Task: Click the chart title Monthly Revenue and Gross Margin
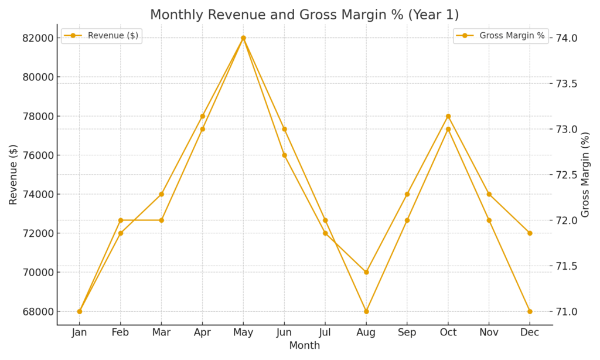(305, 15)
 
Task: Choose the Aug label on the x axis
(366, 333)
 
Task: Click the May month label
(243, 333)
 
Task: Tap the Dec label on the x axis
(530, 333)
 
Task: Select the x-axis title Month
(305, 346)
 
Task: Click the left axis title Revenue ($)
(13, 175)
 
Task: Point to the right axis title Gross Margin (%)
(585, 175)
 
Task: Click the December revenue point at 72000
(530, 233)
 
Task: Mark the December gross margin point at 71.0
(530, 311)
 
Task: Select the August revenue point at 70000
(366, 272)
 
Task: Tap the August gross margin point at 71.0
(366, 311)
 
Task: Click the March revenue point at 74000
(162, 194)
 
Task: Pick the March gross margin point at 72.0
(162, 220)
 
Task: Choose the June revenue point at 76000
(284, 155)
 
